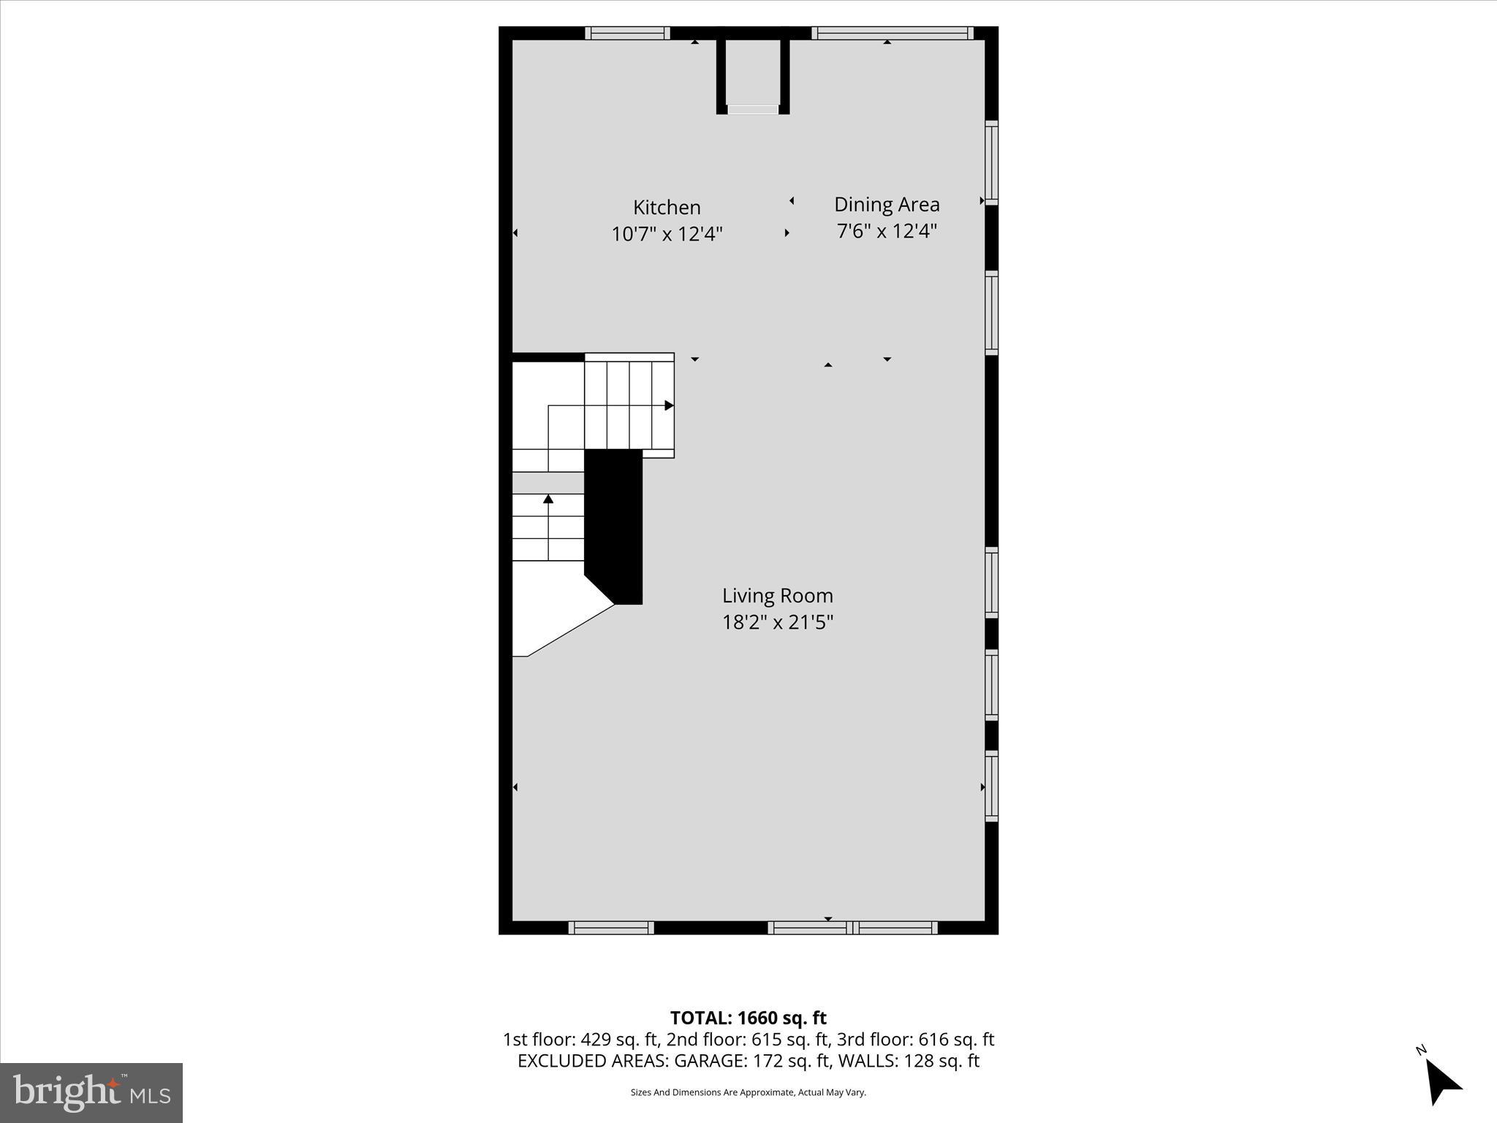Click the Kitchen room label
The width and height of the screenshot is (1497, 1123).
pyautogui.click(x=667, y=208)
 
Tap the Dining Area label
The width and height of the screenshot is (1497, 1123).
pyautogui.click(x=887, y=205)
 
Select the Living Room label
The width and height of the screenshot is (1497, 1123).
pyautogui.click(x=778, y=596)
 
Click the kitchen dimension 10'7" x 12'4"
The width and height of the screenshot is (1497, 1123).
pyautogui.click(x=667, y=234)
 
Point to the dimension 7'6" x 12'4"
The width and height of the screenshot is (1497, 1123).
pyautogui.click(x=887, y=231)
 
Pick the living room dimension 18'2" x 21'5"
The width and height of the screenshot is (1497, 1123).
pyautogui.click(x=778, y=622)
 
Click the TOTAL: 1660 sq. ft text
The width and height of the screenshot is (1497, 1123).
pyautogui.click(x=748, y=1018)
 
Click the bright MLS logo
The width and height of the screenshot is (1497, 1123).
pyautogui.click(x=91, y=1093)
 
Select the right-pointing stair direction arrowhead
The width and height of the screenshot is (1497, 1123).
pyautogui.click(x=668, y=405)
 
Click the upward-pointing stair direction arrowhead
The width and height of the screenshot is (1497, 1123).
pyautogui.click(x=548, y=499)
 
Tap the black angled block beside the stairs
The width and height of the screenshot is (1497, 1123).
pyautogui.click(x=614, y=526)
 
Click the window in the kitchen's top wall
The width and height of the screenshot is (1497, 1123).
pyautogui.click(x=627, y=33)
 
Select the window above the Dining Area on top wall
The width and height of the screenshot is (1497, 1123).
pyautogui.click(x=892, y=33)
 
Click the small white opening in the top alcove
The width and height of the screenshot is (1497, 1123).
pyautogui.click(x=753, y=110)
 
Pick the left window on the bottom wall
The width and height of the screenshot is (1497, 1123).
pyautogui.click(x=611, y=928)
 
